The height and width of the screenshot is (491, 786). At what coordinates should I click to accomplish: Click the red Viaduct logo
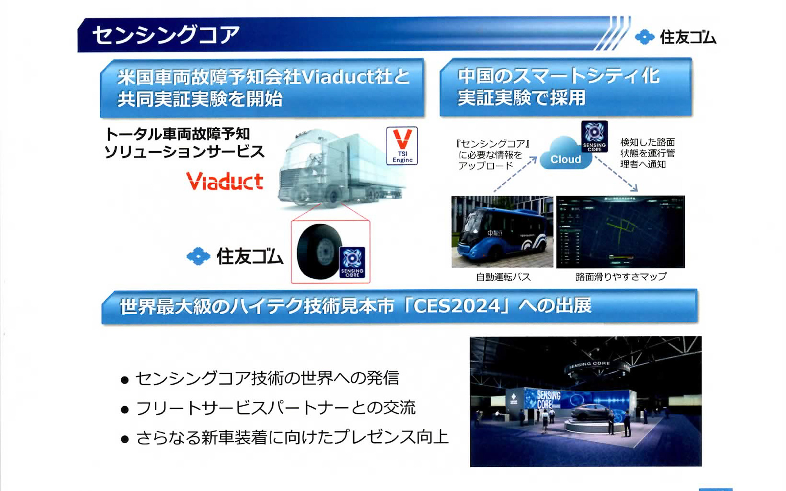coord(224,181)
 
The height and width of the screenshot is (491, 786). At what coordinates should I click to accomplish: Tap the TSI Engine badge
coord(402,146)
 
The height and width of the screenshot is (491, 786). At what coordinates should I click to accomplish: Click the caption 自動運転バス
coord(503,277)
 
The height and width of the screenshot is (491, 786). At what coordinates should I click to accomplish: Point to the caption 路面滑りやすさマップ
coord(621,277)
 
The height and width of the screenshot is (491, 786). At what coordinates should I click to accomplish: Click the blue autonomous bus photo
coord(502,232)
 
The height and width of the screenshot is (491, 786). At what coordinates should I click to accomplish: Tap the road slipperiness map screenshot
coord(620,232)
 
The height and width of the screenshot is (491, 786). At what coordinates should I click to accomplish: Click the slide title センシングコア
coord(166,35)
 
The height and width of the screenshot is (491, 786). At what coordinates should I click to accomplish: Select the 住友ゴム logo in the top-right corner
coord(675,37)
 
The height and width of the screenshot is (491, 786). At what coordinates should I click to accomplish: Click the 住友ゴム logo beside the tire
coord(235,257)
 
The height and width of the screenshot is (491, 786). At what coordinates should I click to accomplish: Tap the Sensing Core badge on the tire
coord(352,262)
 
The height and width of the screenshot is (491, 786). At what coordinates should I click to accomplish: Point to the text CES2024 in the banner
coord(457,306)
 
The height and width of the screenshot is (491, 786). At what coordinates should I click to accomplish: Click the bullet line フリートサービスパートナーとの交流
coord(275,408)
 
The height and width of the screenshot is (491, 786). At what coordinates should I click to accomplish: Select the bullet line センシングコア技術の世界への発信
coord(267,378)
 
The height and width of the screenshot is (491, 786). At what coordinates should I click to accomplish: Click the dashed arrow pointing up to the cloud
coord(515,174)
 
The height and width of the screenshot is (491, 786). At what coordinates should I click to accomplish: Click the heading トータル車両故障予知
coord(177,134)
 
